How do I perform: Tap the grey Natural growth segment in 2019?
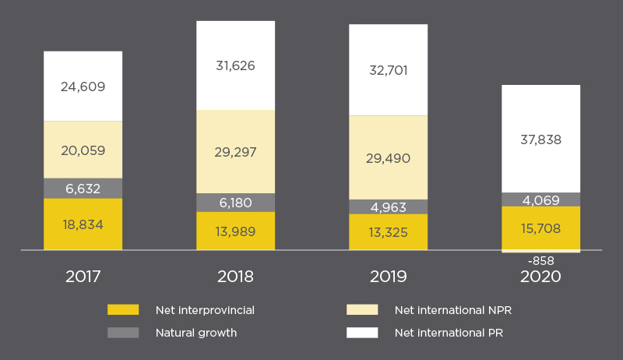pyautogui.click(x=388, y=206)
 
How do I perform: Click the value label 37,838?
pyautogui.click(x=540, y=140)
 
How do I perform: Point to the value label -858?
pyautogui.click(x=540, y=261)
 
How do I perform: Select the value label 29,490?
pyautogui.click(x=388, y=159)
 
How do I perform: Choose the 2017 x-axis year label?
pyautogui.click(x=83, y=277)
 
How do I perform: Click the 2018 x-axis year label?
pyautogui.click(x=235, y=277)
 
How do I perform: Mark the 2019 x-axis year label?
pyautogui.click(x=388, y=277)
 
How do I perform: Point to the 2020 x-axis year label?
pyautogui.click(x=540, y=277)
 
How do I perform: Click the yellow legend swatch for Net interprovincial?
pyautogui.click(x=123, y=310)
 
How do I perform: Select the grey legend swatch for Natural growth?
pyautogui.click(x=123, y=333)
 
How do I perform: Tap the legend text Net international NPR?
pyautogui.click(x=453, y=310)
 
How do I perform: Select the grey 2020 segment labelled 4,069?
pyautogui.click(x=540, y=199)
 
